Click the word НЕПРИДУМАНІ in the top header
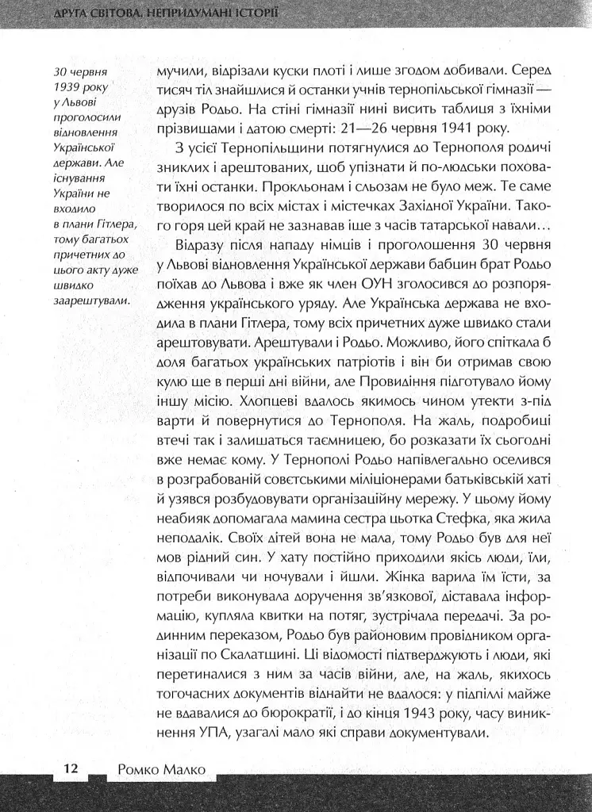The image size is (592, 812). tap(183, 13)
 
